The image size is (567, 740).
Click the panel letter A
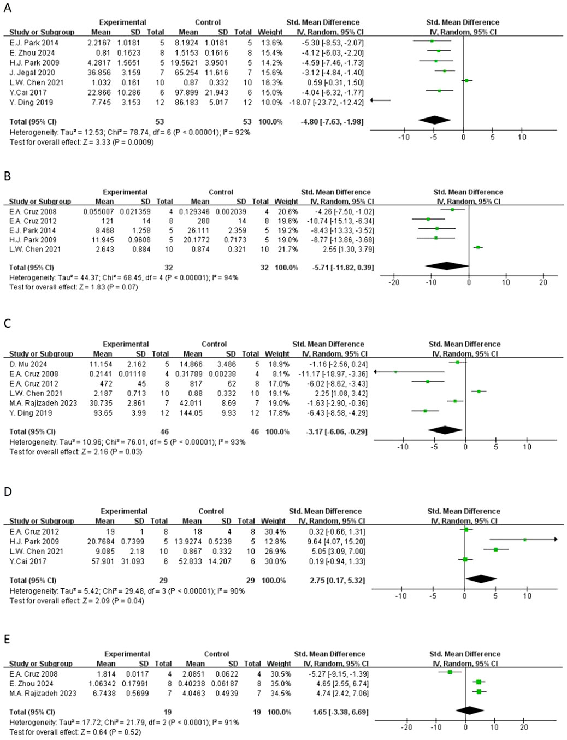coord(7,8)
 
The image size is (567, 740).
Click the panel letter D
coord(8,492)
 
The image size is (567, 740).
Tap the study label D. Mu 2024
coord(28,364)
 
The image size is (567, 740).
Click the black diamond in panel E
coord(469,711)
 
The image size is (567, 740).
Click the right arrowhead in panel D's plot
coord(555,540)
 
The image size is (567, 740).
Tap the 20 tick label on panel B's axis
coord(543,282)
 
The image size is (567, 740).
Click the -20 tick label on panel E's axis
coord(406,727)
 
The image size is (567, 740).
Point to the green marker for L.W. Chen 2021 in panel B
coord(478,247)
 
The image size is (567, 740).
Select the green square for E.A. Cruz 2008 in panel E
coord(450,672)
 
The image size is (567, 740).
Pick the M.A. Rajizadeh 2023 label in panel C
coord(43,404)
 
